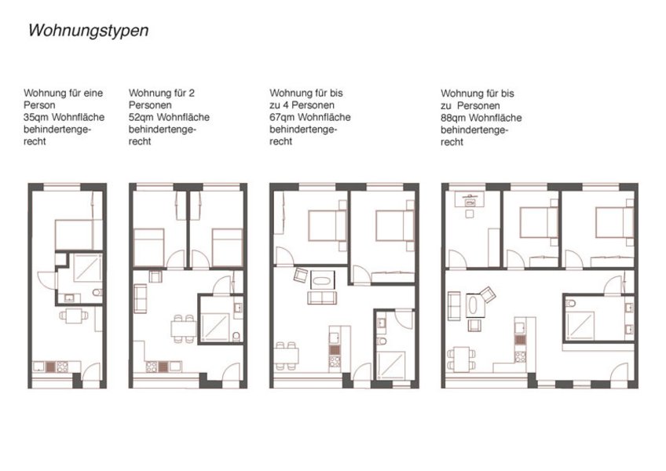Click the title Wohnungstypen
click(88, 31)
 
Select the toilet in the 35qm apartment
click(97, 292)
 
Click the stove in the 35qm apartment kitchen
click(63, 367)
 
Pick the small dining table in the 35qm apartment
click(74, 316)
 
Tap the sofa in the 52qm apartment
click(141, 298)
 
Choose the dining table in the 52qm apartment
click(184, 328)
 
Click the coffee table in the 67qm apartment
click(322, 279)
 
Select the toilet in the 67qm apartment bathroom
click(382, 341)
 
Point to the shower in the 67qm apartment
click(391, 365)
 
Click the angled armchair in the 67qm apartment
click(301, 275)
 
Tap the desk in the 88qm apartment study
click(470, 199)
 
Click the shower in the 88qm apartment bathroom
click(580, 325)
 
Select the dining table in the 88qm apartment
click(462, 360)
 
